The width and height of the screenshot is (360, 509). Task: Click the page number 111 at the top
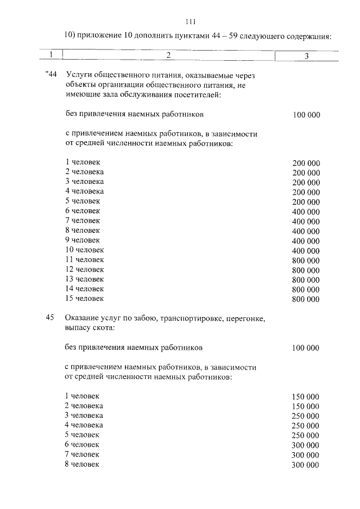(190, 22)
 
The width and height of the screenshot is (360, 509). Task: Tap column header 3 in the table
(306, 56)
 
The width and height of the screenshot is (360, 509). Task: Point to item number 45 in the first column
(49, 318)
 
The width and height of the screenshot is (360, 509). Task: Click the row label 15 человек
(84, 298)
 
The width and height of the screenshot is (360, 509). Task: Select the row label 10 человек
(84, 250)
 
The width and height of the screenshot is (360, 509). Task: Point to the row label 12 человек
(84, 269)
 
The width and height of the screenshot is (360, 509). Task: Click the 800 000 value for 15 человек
(306, 299)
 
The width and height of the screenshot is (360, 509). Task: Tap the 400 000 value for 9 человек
(306, 241)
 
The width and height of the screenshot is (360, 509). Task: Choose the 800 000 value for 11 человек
(306, 260)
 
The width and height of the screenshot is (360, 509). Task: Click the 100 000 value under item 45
(306, 348)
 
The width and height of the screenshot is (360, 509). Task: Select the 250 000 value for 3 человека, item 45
(306, 416)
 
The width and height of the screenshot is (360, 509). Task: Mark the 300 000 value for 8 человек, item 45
(306, 465)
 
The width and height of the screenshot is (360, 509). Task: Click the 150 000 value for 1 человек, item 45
(306, 397)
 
